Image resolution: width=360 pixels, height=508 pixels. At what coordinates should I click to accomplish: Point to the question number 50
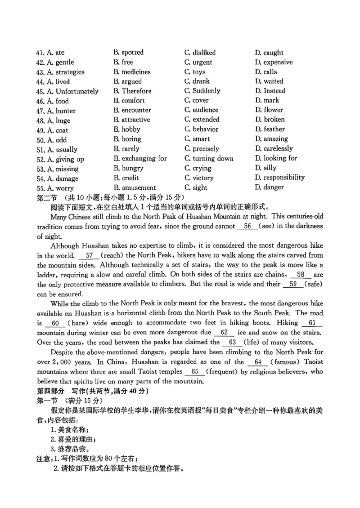[x=40, y=140]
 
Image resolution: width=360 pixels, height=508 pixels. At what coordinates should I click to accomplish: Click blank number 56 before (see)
[x=247, y=226]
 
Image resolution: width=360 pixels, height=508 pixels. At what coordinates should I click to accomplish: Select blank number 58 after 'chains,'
[x=301, y=274]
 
